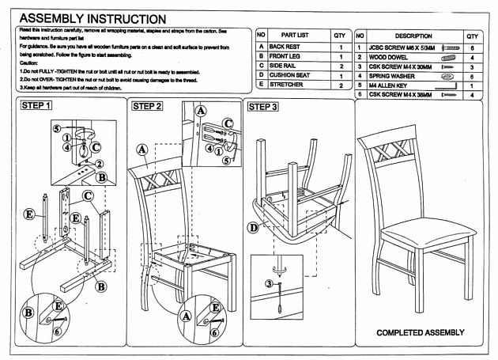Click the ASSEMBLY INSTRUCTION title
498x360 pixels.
pyautogui.click(x=92, y=18)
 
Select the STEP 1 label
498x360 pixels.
pyautogui.click(x=36, y=105)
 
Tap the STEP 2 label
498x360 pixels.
pyautogui.click(x=147, y=106)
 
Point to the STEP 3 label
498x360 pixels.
pyautogui.click(x=262, y=107)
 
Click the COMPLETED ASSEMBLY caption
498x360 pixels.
pyautogui.click(x=420, y=333)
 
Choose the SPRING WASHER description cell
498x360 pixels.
pyautogui.click(x=392, y=76)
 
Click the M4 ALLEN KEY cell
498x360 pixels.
pyautogui.click(x=387, y=85)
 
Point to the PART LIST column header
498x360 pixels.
pyautogui.click(x=294, y=36)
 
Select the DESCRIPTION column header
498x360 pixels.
pyautogui.click(x=413, y=36)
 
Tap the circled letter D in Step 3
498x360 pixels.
pyautogui.click(x=253, y=228)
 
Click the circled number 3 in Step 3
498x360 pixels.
pyautogui.click(x=268, y=283)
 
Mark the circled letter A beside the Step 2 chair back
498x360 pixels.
pyautogui.click(x=142, y=149)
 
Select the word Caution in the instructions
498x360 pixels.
pyautogui.click(x=29, y=63)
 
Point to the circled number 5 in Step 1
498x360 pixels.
pyautogui.click(x=57, y=128)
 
